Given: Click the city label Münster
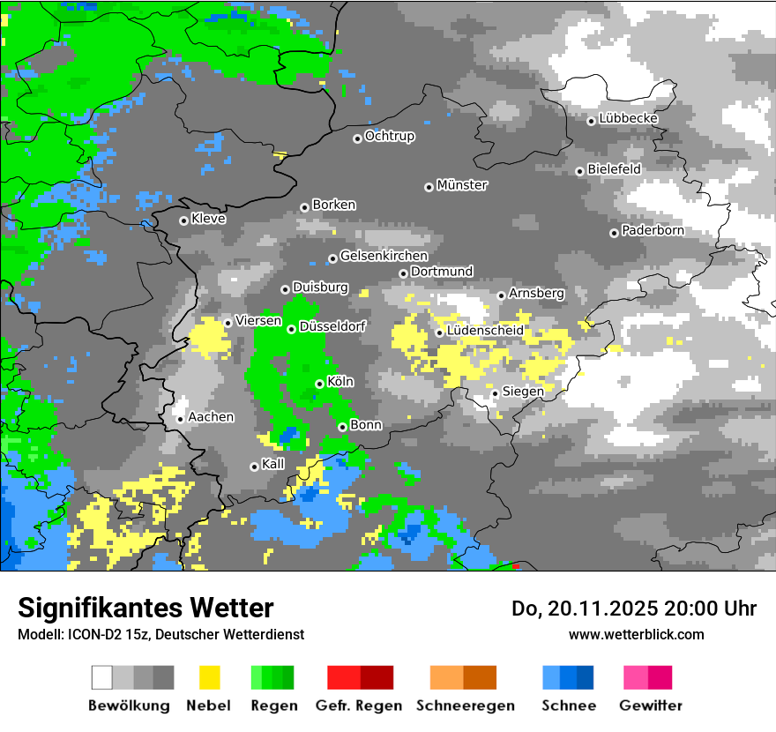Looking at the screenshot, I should (462, 185).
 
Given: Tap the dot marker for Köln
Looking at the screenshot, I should (319, 384).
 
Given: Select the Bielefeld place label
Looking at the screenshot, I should (615, 168).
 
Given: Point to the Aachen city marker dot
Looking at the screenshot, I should (180, 419).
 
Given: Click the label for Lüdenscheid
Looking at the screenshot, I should (485, 330).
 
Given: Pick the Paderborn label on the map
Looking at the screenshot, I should (653, 230).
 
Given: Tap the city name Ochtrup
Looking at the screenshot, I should (390, 136).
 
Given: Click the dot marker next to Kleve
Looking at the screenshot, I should (183, 220).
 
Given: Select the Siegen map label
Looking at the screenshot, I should (523, 391).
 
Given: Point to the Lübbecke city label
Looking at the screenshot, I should (629, 118).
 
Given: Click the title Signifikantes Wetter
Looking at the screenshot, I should (145, 608).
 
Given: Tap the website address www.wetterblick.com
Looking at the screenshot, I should (636, 634).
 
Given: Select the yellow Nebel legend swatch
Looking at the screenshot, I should (209, 677).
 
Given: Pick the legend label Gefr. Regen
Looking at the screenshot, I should (359, 706).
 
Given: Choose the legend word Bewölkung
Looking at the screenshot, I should (129, 706).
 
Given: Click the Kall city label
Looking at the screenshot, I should (273, 463).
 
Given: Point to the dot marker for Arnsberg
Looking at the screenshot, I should (501, 295).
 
